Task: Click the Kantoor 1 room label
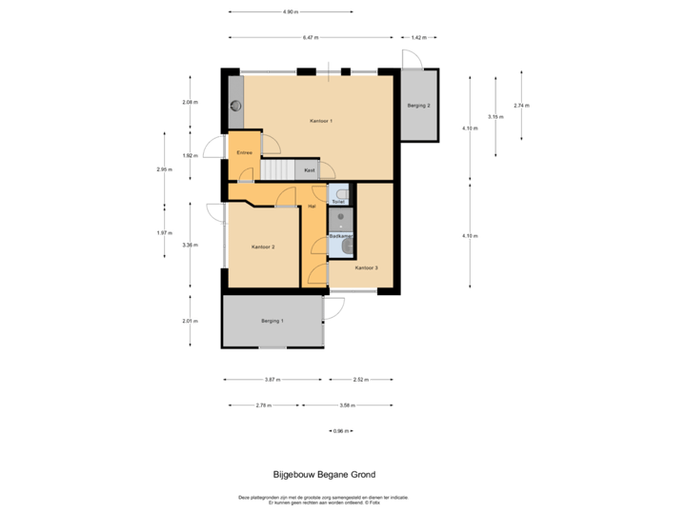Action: [321, 121]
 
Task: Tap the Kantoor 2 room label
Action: [263, 247]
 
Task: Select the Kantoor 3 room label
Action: [367, 268]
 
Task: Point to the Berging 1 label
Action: [272, 321]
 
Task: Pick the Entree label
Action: [244, 152]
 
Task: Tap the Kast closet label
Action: [310, 170]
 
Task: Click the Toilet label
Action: [338, 203]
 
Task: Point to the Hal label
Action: [312, 206]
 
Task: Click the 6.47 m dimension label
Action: [310, 37]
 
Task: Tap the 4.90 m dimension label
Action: [290, 12]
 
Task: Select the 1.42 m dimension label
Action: [418, 37]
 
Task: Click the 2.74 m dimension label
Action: [521, 105]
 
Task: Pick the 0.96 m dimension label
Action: [339, 431]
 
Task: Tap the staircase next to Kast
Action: [278, 170]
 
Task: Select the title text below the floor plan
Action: [324, 474]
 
